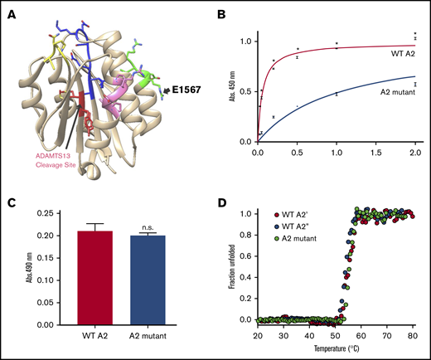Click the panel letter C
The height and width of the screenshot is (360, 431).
(x=12, y=200)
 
